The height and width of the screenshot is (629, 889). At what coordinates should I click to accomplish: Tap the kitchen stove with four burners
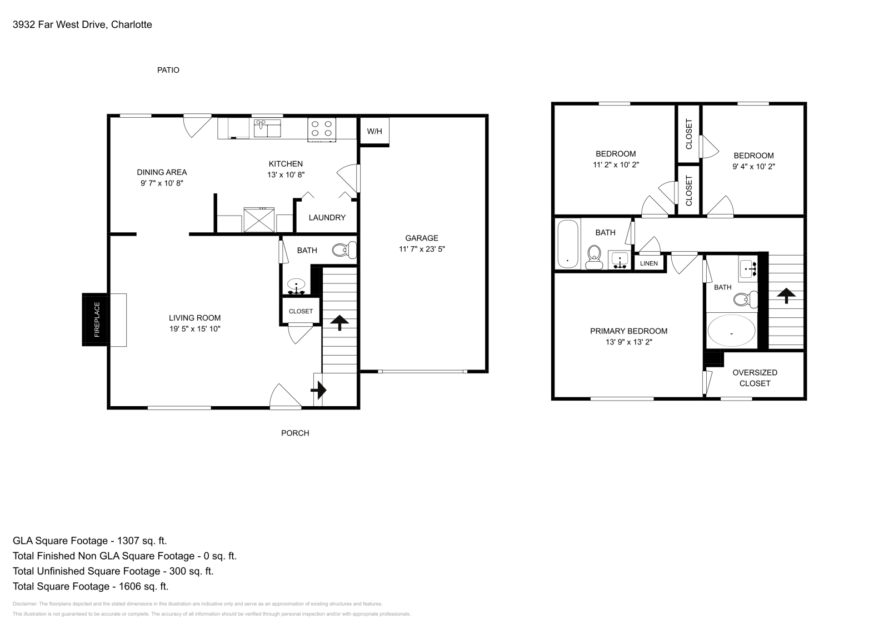coord(322,129)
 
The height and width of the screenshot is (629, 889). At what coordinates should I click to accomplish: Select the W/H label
coord(374,132)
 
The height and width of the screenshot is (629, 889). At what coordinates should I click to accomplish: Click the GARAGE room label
coord(421,238)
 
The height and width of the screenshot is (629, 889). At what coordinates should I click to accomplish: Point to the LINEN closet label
coord(648,263)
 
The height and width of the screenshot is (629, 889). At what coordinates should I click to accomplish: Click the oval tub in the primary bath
coord(731,331)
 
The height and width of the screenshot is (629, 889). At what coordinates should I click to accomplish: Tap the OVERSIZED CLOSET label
coord(755,378)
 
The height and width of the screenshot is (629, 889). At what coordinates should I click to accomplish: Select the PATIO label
coord(168,70)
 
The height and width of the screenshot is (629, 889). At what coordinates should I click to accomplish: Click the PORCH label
coord(295,433)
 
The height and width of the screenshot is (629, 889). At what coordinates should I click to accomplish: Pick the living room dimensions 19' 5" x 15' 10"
coord(194,328)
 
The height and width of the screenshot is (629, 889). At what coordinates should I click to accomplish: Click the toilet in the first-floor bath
coord(344,251)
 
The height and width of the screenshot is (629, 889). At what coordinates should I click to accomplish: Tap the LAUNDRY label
coord(327,217)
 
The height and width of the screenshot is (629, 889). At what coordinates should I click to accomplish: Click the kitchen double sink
coord(267,128)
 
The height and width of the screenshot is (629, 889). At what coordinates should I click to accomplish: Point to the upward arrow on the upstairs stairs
coord(786,295)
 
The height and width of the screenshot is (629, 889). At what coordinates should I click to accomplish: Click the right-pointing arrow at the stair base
coord(318,391)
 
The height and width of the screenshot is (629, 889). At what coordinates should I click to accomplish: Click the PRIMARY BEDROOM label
coord(628,331)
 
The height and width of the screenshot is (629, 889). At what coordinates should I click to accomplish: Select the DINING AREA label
coord(162,172)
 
